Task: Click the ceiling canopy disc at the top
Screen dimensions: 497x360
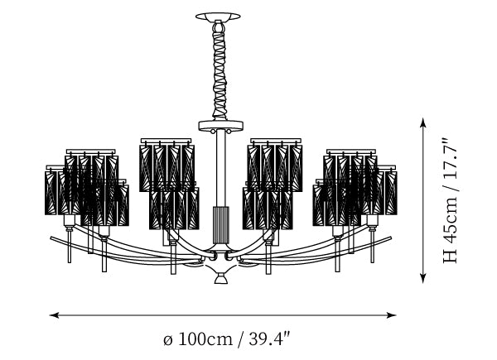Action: point(218,17)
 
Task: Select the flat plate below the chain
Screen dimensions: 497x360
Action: point(220,126)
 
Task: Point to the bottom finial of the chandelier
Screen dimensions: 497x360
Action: point(220,279)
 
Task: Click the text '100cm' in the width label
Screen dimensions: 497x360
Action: point(206,339)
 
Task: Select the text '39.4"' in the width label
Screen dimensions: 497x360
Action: point(270,338)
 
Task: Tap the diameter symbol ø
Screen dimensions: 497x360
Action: point(168,340)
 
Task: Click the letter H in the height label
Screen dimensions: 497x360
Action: point(450,256)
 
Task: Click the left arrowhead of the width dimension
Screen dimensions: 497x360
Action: point(54,315)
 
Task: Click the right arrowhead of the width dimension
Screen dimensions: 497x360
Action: point(392,315)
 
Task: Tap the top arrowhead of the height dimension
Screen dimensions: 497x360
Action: point(422,122)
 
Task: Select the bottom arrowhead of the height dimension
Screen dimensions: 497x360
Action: point(422,278)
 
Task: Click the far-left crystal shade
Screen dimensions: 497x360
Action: point(55,190)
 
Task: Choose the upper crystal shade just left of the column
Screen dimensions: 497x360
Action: point(166,165)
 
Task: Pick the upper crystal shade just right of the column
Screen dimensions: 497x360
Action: point(275,165)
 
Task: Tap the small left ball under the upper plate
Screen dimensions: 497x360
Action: point(212,131)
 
